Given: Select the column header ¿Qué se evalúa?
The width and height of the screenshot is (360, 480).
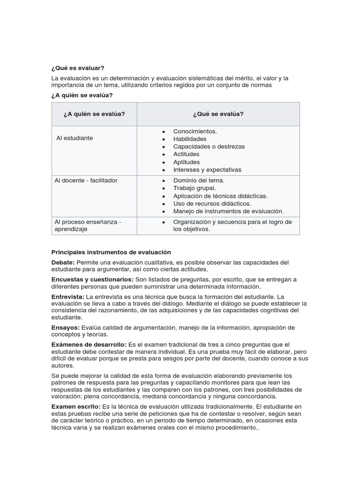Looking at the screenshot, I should pyautogui.click(x=218, y=114).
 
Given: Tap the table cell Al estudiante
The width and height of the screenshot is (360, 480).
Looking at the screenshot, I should pyautogui.click(x=75, y=138).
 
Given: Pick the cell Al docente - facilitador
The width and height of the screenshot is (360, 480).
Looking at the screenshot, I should pyautogui.click(x=86, y=180).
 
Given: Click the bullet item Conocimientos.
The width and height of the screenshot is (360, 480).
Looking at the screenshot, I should pyautogui.click(x=195, y=131).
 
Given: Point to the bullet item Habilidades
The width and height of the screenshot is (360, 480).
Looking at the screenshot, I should pyautogui.click(x=189, y=139).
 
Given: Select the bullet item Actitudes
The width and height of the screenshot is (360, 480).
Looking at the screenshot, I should pyautogui.click(x=186, y=154).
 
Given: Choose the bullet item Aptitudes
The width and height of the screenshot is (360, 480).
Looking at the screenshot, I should pyautogui.click(x=186, y=162).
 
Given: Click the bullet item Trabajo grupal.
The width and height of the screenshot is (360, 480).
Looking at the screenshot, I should pyautogui.click(x=195, y=188).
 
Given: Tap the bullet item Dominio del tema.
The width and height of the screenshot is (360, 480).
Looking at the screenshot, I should pyautogui.click(x=199, y=180).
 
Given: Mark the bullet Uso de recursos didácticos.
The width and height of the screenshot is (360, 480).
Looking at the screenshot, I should pyautogui.click(x=212, y=203).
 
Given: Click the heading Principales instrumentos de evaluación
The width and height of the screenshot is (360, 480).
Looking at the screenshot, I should pyautogui.click(x=111, y=252).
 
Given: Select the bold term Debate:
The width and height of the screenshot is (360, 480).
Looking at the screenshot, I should pyautogui.click(x=63, y=262).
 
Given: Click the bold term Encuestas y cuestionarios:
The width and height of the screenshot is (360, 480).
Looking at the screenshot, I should pyautogui.click(x=92, y=279).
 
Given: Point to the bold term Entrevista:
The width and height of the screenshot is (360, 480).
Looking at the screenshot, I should pyautogui.click(x=67, y=297).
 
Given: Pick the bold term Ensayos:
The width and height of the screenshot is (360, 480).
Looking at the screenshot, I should pyautogui.click(x=66, y=327).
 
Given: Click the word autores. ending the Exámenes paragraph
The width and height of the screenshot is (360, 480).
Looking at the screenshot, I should pyautogui.click(x=62, y=366).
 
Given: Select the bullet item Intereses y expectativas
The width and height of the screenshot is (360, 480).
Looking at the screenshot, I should pyautogui.click(x=207, y=170).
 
